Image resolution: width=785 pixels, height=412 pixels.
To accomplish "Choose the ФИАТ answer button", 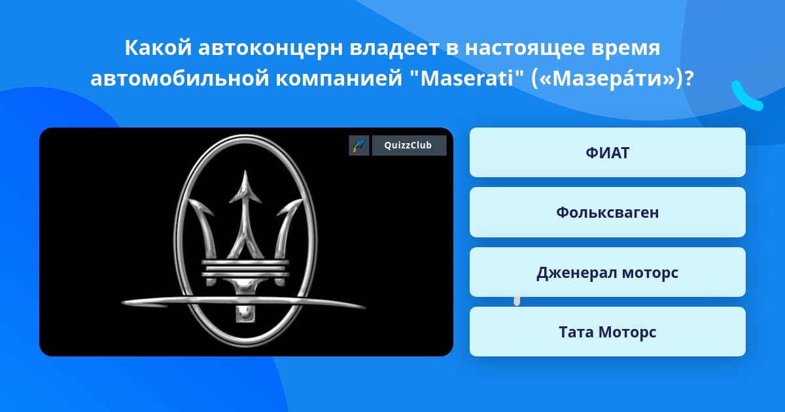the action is [607, 152].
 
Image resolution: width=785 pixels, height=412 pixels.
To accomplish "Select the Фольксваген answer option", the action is [607, 213].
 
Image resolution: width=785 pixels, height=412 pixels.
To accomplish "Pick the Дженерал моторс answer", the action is [607, 272].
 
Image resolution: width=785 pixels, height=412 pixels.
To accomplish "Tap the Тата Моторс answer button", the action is [607, 332].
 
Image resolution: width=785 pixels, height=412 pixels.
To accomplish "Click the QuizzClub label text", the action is [408, 145].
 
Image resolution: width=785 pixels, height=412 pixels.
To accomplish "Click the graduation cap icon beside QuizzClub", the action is [359, 145].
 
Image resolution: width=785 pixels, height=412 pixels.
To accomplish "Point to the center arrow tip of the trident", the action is [245, 171].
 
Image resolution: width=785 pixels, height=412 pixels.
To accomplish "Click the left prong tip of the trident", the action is [190, 201].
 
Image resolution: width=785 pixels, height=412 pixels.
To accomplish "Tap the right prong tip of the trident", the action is [301, 201].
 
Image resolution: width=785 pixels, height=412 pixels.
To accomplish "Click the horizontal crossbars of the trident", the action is [245, 269].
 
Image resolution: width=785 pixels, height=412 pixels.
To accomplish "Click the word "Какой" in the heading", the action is [158, 48].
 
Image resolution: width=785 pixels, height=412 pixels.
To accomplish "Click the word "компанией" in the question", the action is [339, 79].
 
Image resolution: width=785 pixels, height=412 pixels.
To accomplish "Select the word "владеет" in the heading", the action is [394, 48].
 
